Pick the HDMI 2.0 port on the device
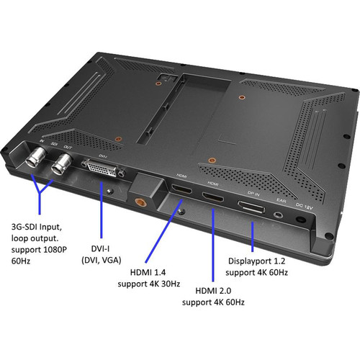pyautogui.click(x=212, y=197)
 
